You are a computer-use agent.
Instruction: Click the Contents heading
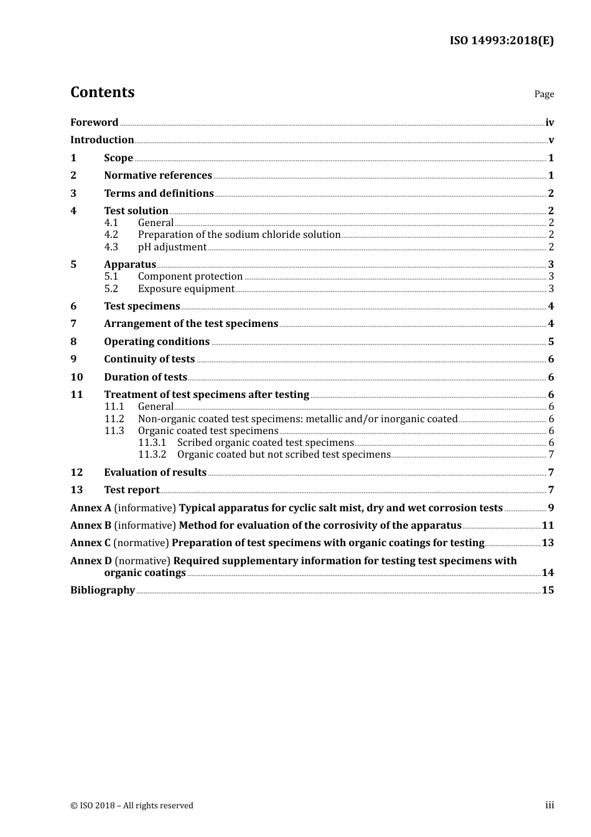(x=102, y=92)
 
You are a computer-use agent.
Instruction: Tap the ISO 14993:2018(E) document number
(x=501, y=40)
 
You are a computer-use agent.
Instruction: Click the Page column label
(x=544, y=94)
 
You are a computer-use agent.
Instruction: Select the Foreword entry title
(x=94, y=123)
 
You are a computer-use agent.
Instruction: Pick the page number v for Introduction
(x=551, y=140)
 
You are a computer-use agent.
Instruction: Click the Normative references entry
(x=158, y=176)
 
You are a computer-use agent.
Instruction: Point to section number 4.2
(x=111, y=235)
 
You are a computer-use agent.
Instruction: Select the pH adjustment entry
(x=172, y=247)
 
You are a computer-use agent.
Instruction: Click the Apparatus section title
(x=130, y=265)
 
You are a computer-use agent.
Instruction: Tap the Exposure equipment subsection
(x=186, y=289)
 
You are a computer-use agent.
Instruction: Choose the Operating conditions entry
(x=157, y=342)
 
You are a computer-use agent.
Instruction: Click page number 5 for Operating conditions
(x=551, y=342)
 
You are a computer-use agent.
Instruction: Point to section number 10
(x=77, y=377)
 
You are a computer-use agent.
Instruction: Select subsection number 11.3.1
(x=152, y=443)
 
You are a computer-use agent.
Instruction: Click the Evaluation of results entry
(x=155, y=473)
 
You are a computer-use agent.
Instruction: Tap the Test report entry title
(x=132, y=490)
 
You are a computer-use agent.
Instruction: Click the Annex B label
(x=91, y=526)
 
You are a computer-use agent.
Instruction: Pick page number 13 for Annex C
(x=547, y=543)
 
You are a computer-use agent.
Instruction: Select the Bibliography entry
(x=103, y=590)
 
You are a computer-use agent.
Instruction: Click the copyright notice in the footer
(x=132, y=806)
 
